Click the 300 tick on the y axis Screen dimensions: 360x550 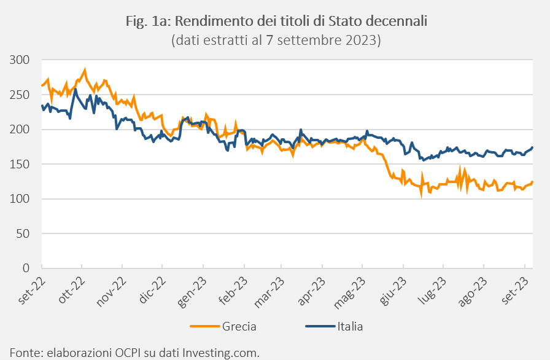(x=21, y=60)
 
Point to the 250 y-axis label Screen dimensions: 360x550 (x=21, y=95)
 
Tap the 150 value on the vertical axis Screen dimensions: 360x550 (x=21, y=165)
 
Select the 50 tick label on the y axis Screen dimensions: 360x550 (x=24, y=234)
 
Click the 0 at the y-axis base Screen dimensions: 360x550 (x=27, y=268)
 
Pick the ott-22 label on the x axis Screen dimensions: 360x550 (x=71, y=291)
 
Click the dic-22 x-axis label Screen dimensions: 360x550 (x=152, y=291)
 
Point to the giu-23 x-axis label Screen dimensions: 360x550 (x=393, y=291)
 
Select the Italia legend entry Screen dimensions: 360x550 (x=350, y=326)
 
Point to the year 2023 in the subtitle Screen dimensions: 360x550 (x=365, y=41)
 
